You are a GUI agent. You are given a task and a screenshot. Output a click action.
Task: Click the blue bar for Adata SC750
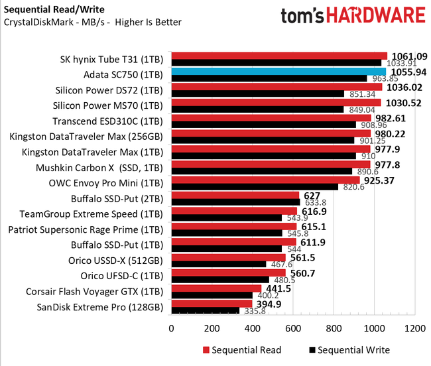tap(278, 72)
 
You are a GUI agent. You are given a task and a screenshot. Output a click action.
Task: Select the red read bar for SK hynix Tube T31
tap(278, 56)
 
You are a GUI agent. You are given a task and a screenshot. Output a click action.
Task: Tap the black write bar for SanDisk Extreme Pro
tap(205, 310)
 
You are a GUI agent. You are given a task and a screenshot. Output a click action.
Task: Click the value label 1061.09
tap(409, 56)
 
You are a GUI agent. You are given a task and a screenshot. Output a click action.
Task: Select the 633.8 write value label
tap(316, 202)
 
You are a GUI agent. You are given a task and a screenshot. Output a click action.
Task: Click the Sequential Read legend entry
tap(241, 350)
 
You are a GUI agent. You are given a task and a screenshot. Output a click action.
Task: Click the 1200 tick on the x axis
tap(415, 328)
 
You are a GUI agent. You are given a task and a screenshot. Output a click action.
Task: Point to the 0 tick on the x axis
tap(172, 328)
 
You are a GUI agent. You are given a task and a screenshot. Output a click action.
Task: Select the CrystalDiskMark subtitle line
tap(92, 23)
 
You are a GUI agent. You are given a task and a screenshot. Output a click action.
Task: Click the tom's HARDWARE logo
tap(352, 17)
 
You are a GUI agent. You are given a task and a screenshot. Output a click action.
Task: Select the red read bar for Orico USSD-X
tap(228, 258)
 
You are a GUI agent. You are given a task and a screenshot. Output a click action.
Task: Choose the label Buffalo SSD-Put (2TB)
tap(116, 198)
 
